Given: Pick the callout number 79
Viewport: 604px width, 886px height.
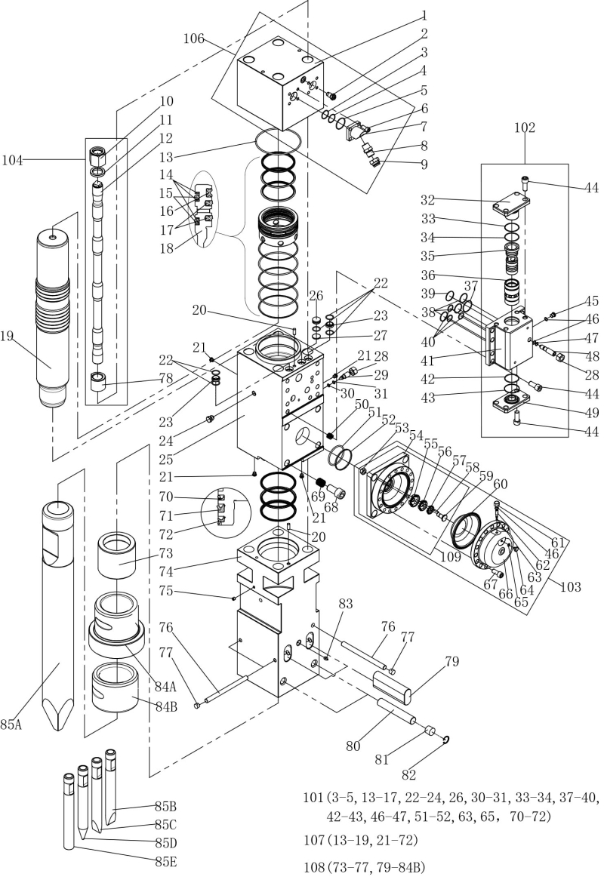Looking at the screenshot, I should (x=451, y=662).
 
